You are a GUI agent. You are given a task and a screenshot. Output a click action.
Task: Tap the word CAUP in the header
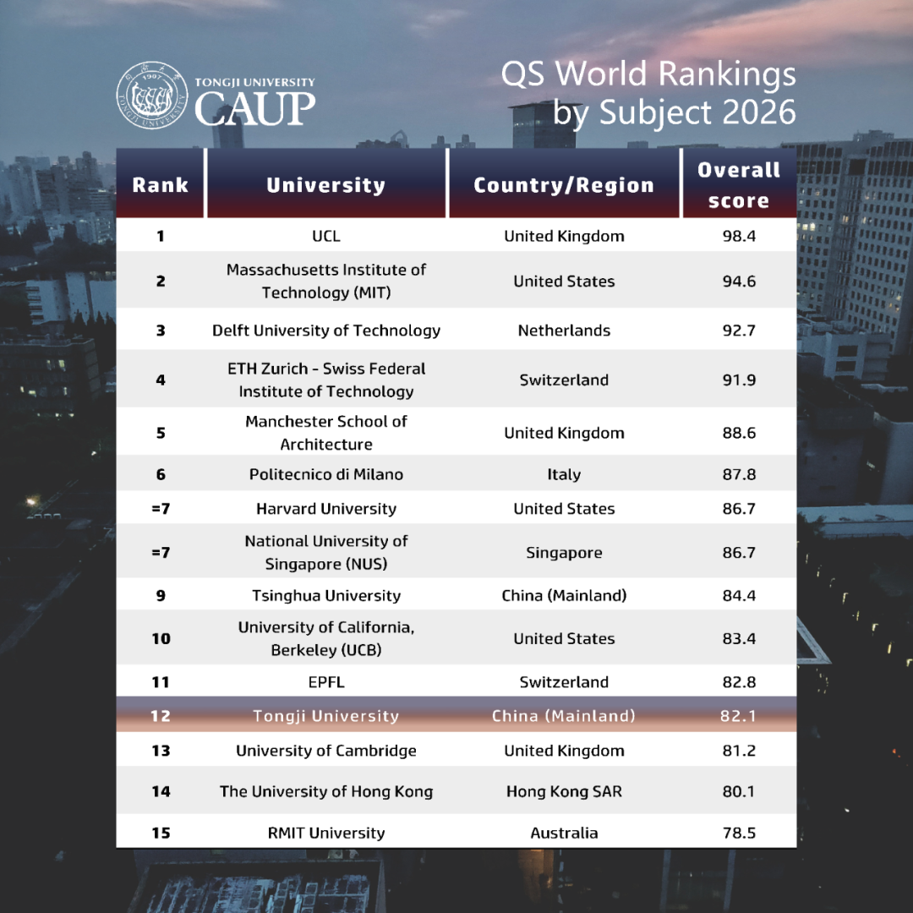tap(254, 108)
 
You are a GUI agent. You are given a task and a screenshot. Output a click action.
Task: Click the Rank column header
tap(161, 185)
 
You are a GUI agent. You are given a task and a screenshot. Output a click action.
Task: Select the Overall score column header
tap(739, 185)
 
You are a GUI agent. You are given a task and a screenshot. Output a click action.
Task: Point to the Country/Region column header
tap(564, 186)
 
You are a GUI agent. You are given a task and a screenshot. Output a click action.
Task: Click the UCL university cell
tap(326, 236)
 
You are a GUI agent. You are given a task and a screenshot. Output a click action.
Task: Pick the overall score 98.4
tap(739, 236)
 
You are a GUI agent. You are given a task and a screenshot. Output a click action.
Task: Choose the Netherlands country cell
tap(564, 331)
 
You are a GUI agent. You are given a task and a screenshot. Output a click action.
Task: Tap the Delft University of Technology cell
tap(326, 331)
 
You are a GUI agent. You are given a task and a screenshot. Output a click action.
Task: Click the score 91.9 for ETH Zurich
tap(739, 380)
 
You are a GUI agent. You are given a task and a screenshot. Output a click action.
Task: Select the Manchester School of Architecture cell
tap(326, 433)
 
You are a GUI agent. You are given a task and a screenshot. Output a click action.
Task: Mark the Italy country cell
tap(564, 475)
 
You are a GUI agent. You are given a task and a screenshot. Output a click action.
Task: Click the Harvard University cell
tap(326, 509)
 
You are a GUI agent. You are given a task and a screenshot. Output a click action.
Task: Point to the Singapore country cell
tap(564, 553)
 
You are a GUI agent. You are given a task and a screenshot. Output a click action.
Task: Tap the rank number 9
tap(161, 596)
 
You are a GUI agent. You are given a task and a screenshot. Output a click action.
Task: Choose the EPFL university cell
tap(326, 682)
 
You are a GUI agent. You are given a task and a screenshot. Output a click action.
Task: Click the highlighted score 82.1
tap(739, 716)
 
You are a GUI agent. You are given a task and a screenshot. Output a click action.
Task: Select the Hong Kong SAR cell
tap(564, 792)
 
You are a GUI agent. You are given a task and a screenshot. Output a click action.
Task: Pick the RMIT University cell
tap(326, 833)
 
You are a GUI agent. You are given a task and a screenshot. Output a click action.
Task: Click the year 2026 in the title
tap(756, 112)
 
